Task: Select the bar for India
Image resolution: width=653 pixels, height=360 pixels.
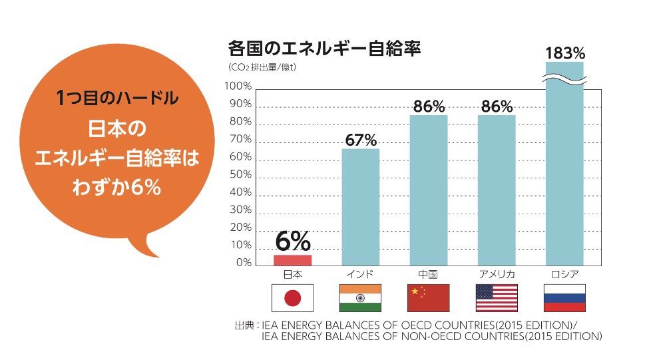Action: pos(361,207)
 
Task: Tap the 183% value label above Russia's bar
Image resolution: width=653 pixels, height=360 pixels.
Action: pos(564,53)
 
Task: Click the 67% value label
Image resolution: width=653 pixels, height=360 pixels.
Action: pos(361,140)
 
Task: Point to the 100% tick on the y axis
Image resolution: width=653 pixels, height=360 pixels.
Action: pos(238,87)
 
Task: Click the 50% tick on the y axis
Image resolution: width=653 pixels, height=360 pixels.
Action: pos(240,175)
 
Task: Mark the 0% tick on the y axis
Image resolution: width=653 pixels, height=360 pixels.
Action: pos(243,263)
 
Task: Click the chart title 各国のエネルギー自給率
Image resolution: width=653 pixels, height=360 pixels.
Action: pos(324,49)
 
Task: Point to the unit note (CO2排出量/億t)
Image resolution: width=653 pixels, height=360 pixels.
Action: pos(262,67)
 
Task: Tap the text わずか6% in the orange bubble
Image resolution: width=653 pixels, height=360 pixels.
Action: pos(117,188)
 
